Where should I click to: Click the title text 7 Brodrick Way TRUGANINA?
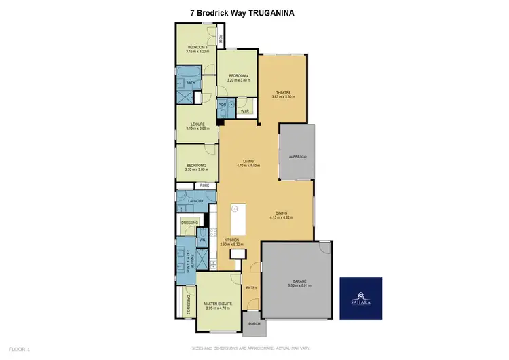pos(253,12)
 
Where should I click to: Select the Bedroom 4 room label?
pos(238,77)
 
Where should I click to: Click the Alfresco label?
pos(298,157)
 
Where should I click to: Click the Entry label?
pos(251,288)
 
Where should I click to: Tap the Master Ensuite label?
pos(218,304)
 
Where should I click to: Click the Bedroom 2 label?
pos(197,168)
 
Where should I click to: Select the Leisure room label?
pos(197,125)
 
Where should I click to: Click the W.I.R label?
pos(246,111)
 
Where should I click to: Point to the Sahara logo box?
pos(360,298)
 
